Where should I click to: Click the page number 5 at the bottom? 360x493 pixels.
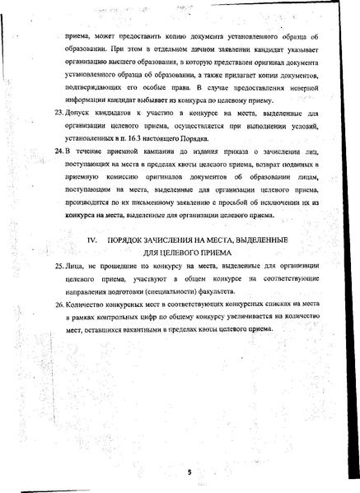(x=188, y=472)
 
